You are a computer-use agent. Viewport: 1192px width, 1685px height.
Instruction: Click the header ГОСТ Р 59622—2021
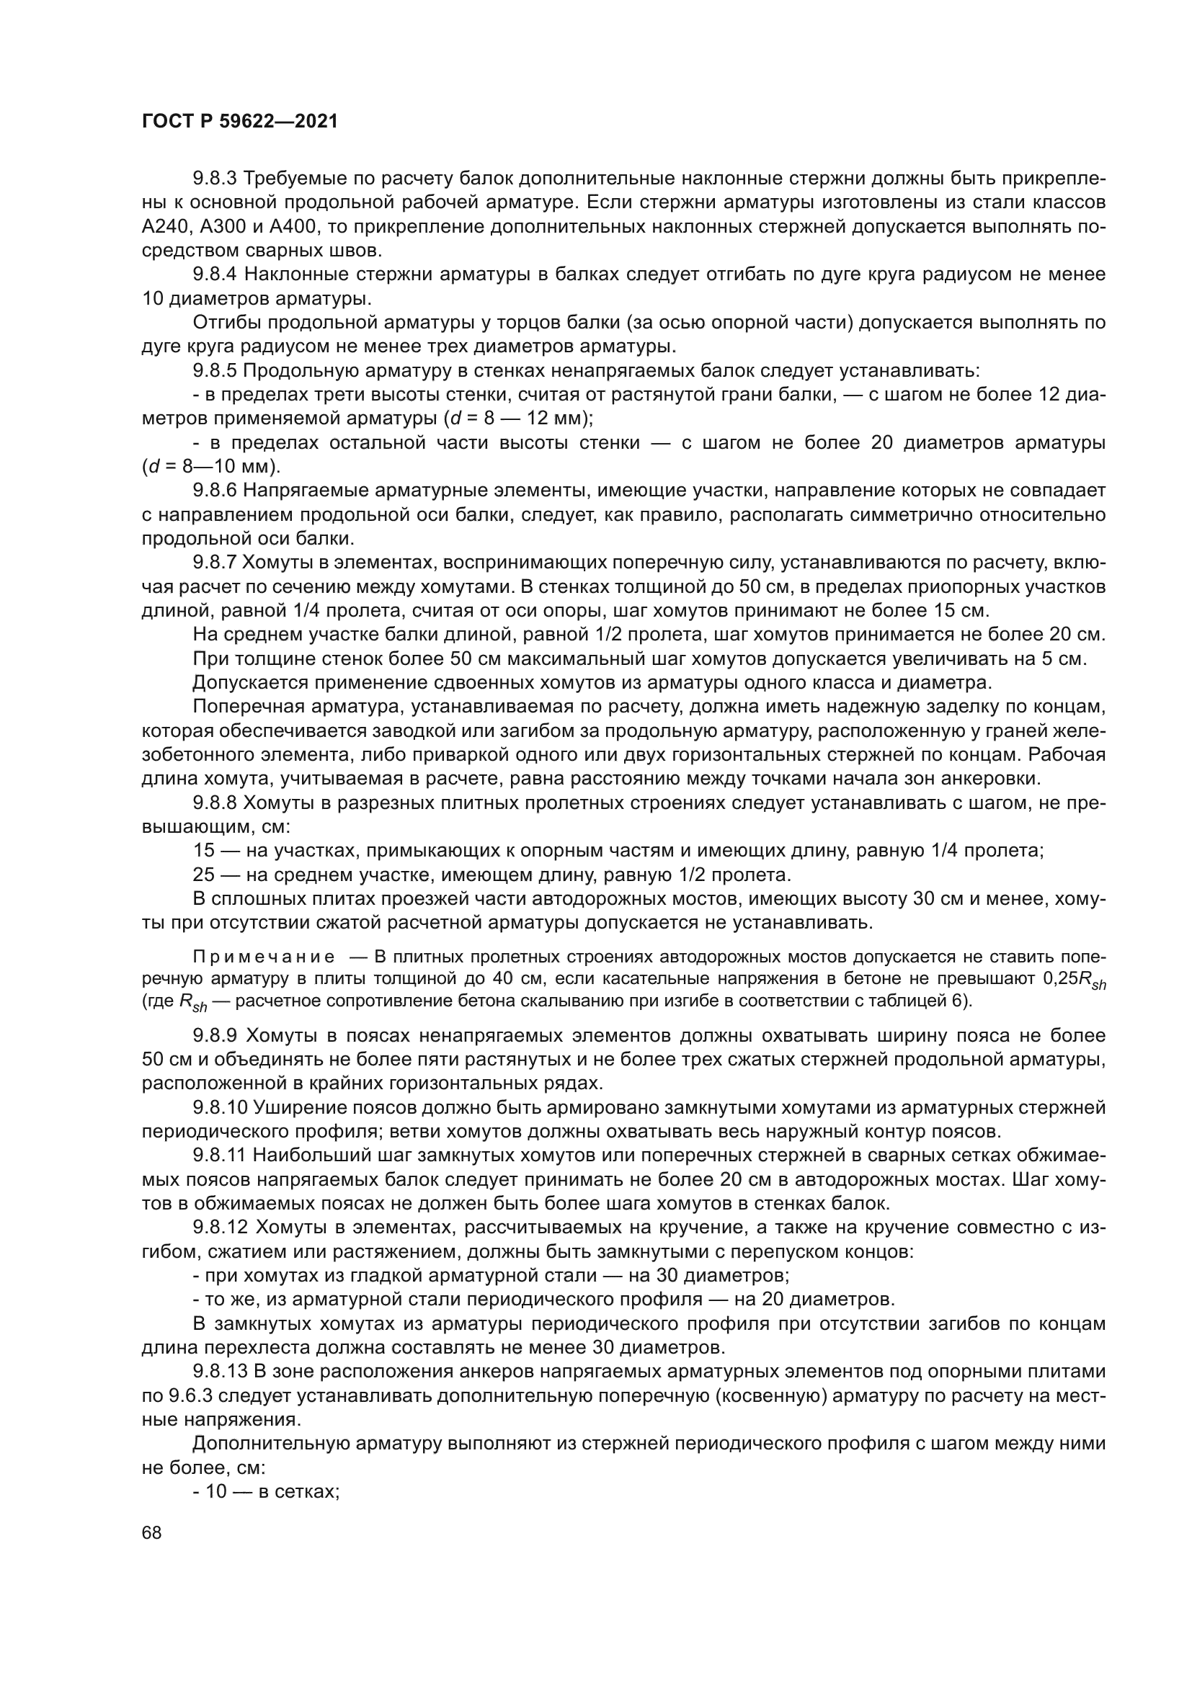coord(239,122)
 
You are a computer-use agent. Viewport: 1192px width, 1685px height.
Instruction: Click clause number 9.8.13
coord(221,1372)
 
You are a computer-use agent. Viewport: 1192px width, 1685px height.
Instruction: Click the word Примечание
coord(264,957)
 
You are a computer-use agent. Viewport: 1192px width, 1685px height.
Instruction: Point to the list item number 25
coord(204,875)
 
